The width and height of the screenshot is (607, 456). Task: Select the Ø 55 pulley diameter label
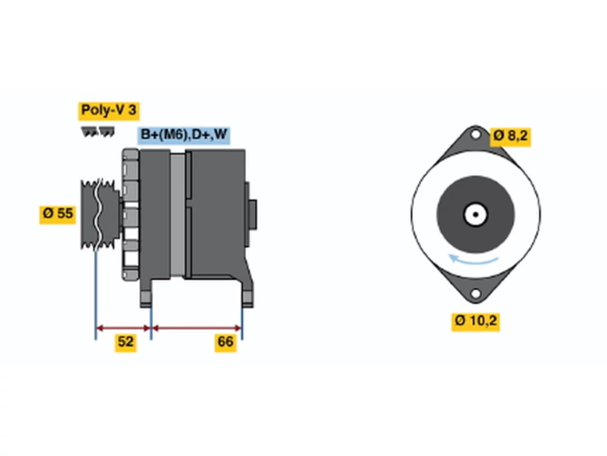point(57,215)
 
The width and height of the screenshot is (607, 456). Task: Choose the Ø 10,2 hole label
point(476,322)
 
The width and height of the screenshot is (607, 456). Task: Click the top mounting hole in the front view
point(475,135)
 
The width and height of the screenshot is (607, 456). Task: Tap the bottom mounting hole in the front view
point(475,294)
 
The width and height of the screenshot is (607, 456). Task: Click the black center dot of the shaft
point(476,215)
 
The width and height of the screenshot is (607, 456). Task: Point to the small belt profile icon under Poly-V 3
point(98,132)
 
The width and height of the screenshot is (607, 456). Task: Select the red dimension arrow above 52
point(123,328)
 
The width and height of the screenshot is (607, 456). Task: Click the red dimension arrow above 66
point(197,328)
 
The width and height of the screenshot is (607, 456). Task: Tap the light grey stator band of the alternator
point(177,215)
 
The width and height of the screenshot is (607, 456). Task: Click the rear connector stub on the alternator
point(253,215)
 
